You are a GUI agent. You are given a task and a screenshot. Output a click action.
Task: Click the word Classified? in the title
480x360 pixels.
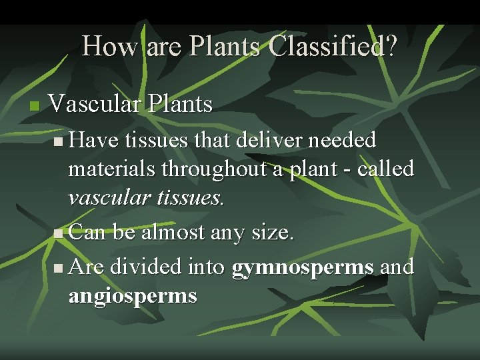click(x=333, y=46)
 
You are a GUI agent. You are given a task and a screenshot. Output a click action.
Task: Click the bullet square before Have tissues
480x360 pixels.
click(x=59, y=141)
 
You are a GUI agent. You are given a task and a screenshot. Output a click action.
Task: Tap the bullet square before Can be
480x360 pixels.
click(x=59, y=234)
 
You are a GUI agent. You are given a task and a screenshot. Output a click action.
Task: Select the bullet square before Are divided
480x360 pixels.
click(x=59, y=268)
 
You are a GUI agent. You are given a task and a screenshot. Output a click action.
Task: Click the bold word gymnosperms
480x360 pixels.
click(x=302, y=267)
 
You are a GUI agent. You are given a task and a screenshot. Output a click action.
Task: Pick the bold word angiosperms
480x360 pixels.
click(x=133, y=296)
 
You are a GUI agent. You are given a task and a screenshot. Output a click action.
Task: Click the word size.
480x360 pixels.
click(x=273, y=233)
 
